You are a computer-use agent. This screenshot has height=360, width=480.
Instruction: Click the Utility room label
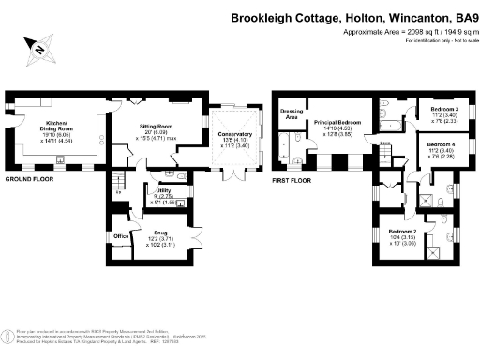(151, 190)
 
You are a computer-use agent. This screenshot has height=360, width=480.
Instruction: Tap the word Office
(121, 236)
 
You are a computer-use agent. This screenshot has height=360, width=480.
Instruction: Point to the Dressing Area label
(291, 115)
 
